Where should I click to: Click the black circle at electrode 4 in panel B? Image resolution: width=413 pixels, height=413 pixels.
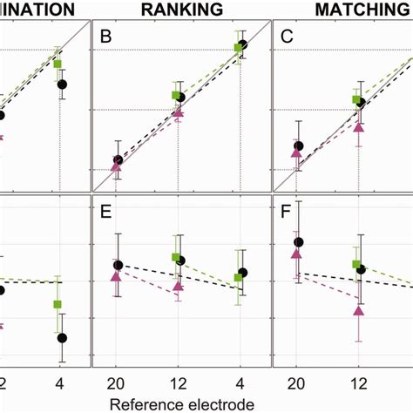coord(242,44)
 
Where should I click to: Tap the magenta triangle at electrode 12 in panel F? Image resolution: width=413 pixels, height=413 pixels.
coord(358,309)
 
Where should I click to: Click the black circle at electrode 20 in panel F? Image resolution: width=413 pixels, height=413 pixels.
coord(298,241)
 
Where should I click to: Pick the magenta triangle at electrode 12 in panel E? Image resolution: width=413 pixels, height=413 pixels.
coord(179,285)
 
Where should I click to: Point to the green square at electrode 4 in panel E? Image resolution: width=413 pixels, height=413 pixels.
coord(238,278)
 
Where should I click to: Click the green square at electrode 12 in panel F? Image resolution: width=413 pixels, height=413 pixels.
coord(355,263)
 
